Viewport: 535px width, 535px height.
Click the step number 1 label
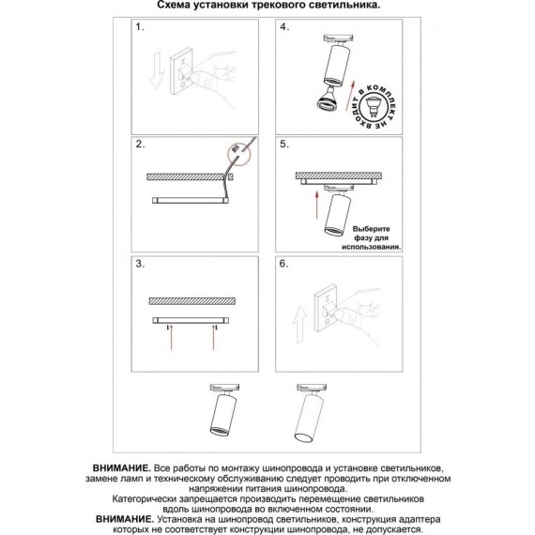pos(140,27)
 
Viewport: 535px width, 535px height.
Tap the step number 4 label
pos(284,27)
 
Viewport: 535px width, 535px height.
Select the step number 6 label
pos(284,264)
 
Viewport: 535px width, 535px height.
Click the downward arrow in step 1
pos(157,70)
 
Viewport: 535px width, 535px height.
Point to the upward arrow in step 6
pos(300,324)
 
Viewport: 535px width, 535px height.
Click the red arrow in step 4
pos(350,95)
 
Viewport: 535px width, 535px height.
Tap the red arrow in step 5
pos(317,205)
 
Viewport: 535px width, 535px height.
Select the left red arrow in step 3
pos(171,338)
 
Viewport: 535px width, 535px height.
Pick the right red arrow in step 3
pos(214,338)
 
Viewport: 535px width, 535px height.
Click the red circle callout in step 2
pos(238,155)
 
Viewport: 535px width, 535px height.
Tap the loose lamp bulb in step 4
pos(328,99)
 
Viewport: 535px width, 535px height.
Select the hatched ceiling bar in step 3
pos(192,301)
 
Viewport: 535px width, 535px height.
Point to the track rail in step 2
pos(191,200)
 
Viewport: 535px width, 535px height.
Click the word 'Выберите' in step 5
pos(371,229)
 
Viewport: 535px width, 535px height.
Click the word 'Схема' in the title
pos(174,5)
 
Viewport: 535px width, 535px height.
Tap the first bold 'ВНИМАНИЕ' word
pos(121,467)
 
